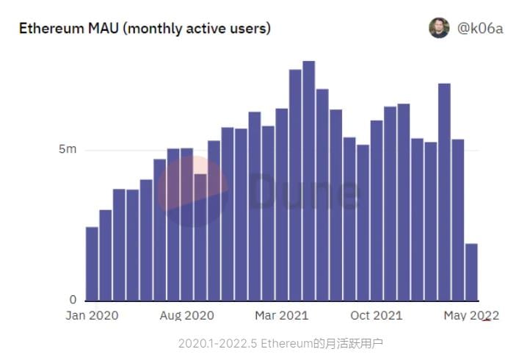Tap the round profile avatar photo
pos(439,28)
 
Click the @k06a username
pos(480,29)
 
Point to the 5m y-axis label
pos(68,150)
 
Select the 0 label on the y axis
pos(72,300)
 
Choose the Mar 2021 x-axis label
pos(282,315)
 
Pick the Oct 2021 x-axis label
pos(376,315)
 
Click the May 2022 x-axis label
pos(470,315)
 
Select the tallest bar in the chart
pos(309,181)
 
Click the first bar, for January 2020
pos(92,264)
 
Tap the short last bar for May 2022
pos(471,272)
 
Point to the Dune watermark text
pos(304,192)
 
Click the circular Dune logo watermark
pos(192,192)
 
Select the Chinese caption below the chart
pos(280,343)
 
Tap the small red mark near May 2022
pos(485,320)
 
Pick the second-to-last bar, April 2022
pos(458,220)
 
